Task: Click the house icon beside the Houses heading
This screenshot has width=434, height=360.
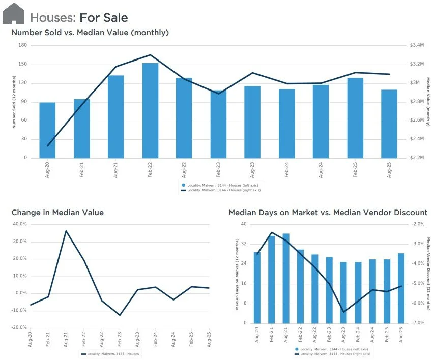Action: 13,14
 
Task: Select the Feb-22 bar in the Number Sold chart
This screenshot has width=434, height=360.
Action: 150,111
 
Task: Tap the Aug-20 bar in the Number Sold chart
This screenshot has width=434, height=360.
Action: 47,130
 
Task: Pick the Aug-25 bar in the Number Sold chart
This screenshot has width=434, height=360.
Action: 389,124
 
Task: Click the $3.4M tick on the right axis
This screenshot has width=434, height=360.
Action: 417,45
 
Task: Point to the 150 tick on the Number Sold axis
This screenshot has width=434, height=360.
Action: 23,64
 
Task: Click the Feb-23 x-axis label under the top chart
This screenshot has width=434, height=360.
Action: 218,170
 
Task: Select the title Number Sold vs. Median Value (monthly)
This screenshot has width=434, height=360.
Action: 90,33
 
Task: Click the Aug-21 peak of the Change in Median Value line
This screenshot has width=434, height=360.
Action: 66,231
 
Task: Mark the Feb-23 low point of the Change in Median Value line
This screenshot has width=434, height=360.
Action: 120,315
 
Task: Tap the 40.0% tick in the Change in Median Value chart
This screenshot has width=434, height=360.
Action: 20,224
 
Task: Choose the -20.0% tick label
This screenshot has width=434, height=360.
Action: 19,327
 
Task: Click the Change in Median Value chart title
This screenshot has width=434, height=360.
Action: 57,213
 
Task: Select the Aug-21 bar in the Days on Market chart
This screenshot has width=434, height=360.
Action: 286,279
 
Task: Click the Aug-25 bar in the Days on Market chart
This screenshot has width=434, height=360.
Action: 401,288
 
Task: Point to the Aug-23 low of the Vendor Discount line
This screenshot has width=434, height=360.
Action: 343,312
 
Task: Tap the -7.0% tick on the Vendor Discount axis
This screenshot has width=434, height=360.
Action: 418,323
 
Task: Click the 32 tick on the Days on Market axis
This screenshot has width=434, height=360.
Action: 244,244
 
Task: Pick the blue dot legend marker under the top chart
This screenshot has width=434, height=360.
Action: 183,185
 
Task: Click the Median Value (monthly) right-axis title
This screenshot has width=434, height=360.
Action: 428,102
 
